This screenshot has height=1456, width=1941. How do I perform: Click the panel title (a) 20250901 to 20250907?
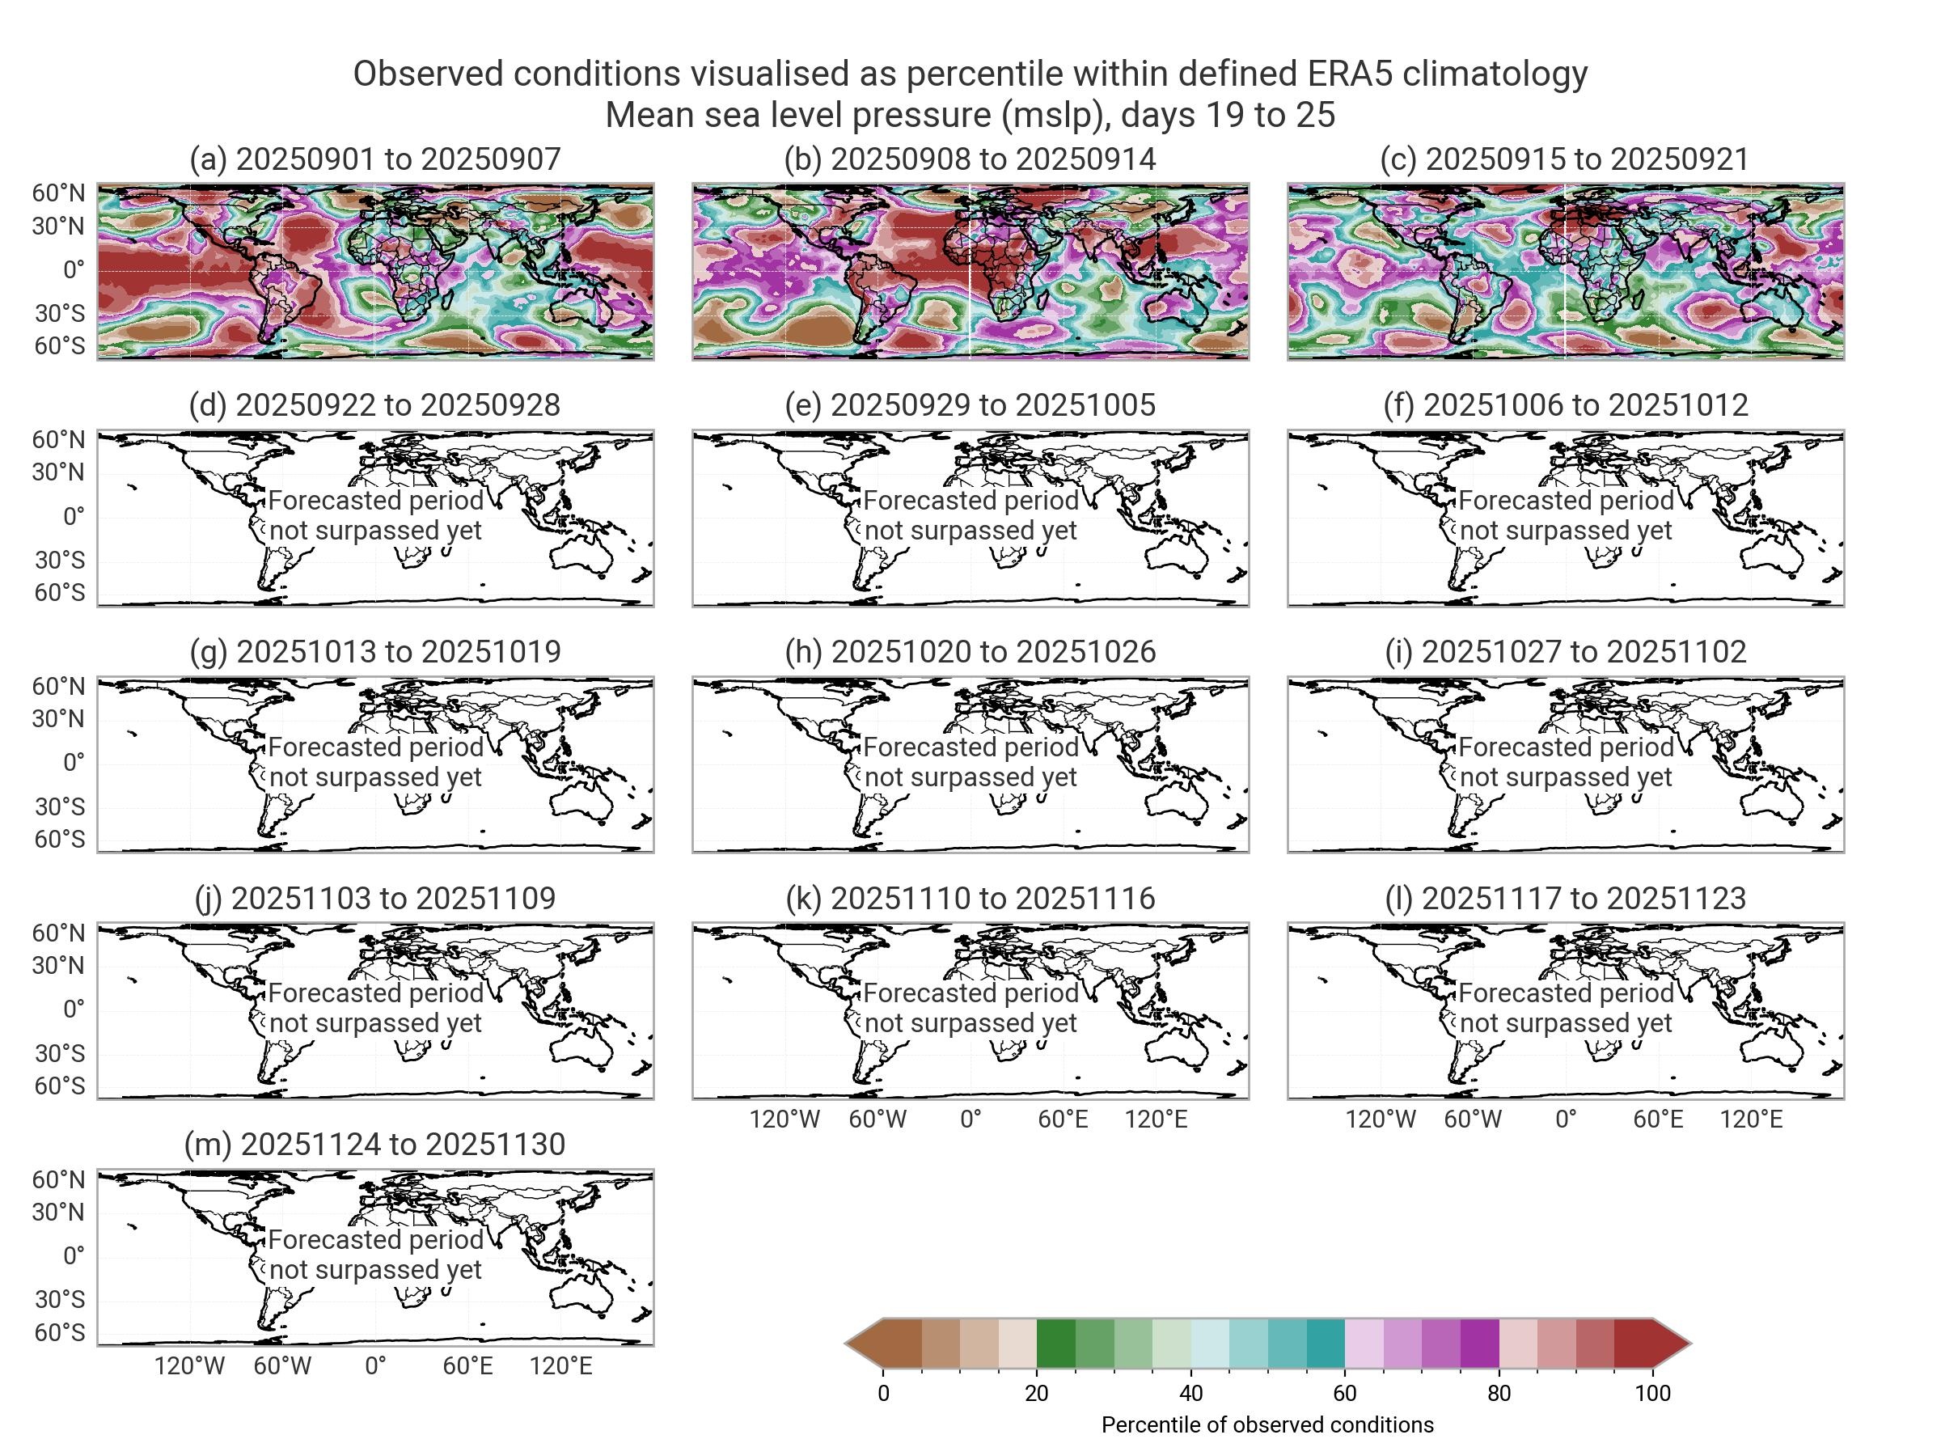pos(374,159)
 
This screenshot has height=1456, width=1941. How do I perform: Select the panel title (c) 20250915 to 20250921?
pos(1565,159)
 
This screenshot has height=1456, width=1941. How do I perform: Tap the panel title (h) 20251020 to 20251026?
pos(970,651)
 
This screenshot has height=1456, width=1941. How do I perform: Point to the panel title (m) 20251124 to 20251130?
pos(374,1144)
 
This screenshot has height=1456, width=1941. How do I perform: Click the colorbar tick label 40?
pos(1190,1393)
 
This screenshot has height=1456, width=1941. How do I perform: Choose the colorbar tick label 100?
pos(1652,1393)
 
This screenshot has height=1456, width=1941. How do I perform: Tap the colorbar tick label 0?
pos(883,1393)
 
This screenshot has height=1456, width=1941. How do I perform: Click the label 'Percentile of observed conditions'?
pos(1267,1424)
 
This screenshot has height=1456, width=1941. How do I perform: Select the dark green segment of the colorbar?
pos(1055,1343)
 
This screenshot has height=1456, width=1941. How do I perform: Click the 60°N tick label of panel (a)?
pos(60,193)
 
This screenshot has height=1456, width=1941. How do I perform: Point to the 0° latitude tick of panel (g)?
pos(74,762)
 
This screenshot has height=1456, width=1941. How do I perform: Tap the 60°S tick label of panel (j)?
pos(60,1086)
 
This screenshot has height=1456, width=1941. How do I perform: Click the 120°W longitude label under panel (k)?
pos(784,1119)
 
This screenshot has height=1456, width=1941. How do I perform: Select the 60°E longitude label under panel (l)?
pos(1658,1119)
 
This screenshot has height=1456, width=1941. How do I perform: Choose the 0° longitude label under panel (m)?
pos(374,1365)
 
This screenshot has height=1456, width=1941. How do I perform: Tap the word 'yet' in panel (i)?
pos(1652,777)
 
